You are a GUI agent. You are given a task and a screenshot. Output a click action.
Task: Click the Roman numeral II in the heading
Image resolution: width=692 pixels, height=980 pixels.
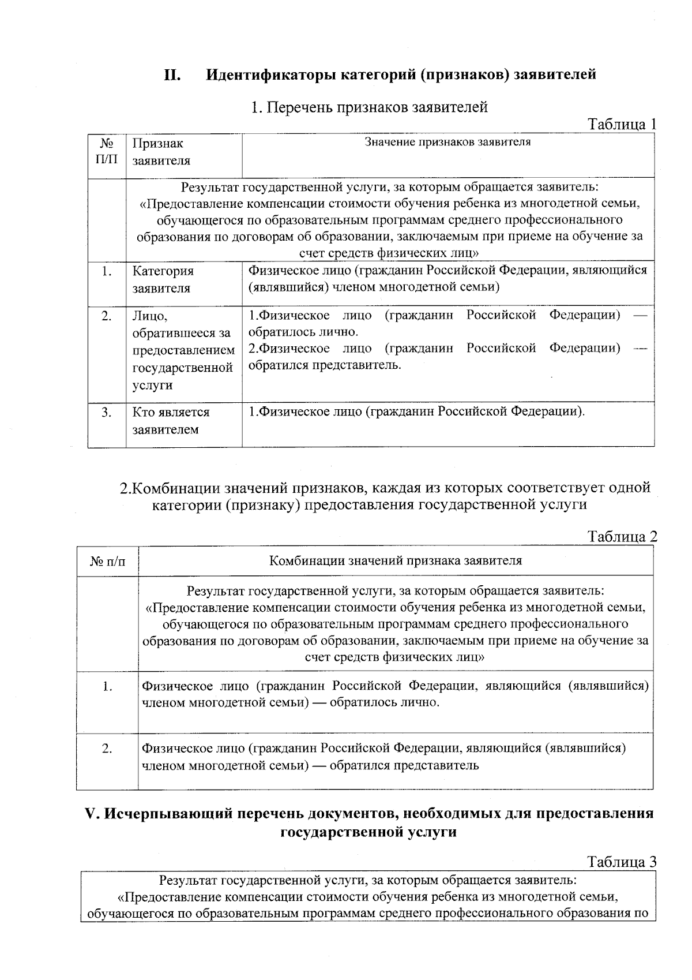tap(173, 75)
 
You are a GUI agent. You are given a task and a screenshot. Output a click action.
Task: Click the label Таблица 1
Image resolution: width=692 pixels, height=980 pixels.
tap(622, 124)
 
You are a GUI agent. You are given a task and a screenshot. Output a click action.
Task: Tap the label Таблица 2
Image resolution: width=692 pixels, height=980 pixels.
tap(622, 537)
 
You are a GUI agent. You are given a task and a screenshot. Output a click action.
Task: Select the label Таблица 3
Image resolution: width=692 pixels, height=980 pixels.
tap(622, 862)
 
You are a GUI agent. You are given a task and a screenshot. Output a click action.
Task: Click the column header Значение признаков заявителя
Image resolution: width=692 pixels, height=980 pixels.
tap(447, 142)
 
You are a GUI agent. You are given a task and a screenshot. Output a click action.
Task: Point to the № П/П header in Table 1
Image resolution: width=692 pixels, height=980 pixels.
tap(107, 151)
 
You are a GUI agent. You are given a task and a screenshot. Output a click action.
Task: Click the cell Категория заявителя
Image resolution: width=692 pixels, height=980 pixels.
tap(163, 279)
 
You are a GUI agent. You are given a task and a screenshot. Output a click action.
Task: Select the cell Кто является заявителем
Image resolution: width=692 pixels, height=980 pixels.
tap(171, 421)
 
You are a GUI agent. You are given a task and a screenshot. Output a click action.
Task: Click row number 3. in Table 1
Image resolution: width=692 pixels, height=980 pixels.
tap(107, 413)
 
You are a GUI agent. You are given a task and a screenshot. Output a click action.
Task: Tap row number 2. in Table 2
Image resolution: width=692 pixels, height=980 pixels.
tap(107, 749)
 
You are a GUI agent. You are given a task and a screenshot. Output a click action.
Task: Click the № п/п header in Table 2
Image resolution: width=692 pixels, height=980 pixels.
tap(108, 561)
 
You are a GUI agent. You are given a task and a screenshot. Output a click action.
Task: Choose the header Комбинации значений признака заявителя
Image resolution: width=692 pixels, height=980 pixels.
tap(396, 560)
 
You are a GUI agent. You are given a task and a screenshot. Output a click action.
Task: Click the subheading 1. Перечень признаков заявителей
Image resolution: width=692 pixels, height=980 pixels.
tap(369, 107)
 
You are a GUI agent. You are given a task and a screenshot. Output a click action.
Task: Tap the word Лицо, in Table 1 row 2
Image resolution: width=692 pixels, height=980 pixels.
tap(150, 316)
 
